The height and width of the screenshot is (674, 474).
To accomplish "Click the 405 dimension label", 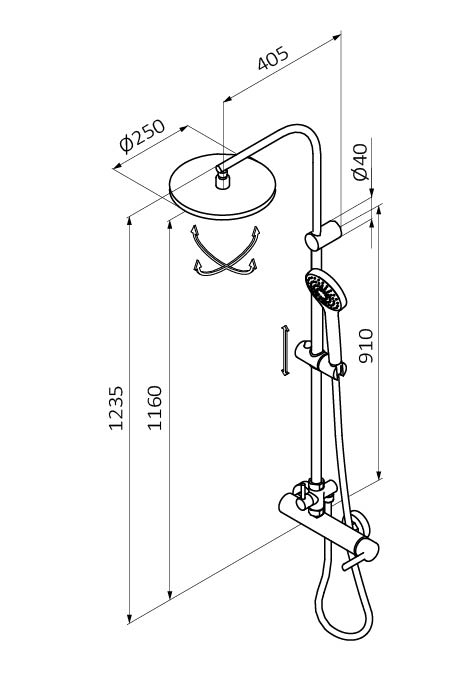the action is [x=273, y=58].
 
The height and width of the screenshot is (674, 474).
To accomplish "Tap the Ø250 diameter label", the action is [x=142, y=136].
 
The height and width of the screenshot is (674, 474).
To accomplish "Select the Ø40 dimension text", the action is [x=360, y=162].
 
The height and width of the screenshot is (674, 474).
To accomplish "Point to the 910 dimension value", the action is [x=366, y=346].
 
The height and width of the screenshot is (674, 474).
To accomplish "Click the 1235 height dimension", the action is [x=116, y=408].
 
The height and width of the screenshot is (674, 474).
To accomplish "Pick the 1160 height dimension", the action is [x=155, y=407].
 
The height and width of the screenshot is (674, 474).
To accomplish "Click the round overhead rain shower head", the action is [x=222, y=187].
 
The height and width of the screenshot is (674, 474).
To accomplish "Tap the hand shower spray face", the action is [x=323, y=291].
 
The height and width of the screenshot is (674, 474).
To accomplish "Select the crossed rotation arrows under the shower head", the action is [x=225, y=251].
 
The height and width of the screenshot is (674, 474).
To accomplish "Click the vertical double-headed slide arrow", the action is [x=285, y=350].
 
